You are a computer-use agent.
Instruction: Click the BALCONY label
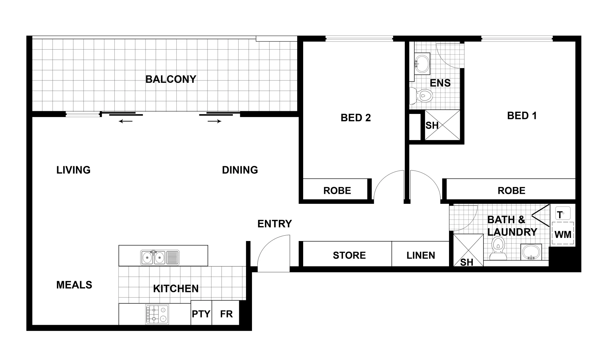click(171, 79)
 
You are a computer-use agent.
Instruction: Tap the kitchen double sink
click(160, 257)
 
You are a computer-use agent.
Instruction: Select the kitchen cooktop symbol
click(157, 314)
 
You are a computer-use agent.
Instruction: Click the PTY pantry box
click(201, 314)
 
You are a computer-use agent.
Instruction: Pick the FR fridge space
click(226, 314)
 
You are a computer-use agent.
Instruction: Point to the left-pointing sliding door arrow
click(125, 121)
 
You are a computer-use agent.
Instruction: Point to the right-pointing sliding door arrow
click(214, 121)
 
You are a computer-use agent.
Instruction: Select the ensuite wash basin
click(422, 63)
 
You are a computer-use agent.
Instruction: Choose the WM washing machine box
click(563, 234)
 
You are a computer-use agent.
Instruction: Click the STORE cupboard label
click(349, 255)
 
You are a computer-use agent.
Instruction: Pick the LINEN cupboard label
click(421, 255)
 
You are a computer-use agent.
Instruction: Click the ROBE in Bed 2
click(337, 190)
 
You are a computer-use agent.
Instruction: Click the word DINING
click(240, 170)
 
